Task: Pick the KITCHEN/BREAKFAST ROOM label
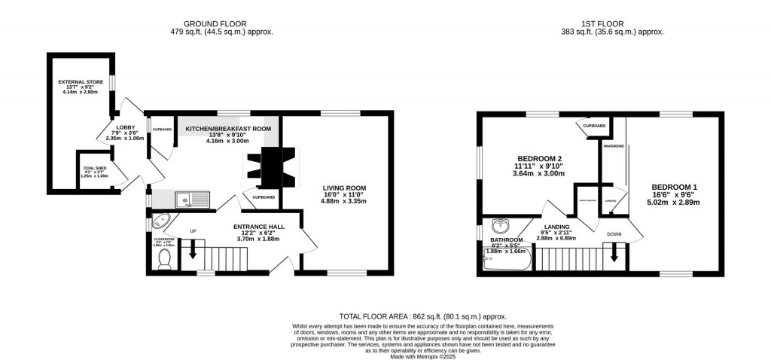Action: pyautogui.click(x=228, y=129)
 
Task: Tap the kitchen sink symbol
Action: pyautogui.click(x=193, y=200)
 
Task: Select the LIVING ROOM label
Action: pyautogui.click(x=344, y=188)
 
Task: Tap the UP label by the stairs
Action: pyautogui.click(x=193, y=230)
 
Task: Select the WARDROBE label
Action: pyautogui.click(x=610, y=146)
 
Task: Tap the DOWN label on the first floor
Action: pyautogui.click(x=614, y=234)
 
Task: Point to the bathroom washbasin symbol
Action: pyautogui.click(x=501, y=226)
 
